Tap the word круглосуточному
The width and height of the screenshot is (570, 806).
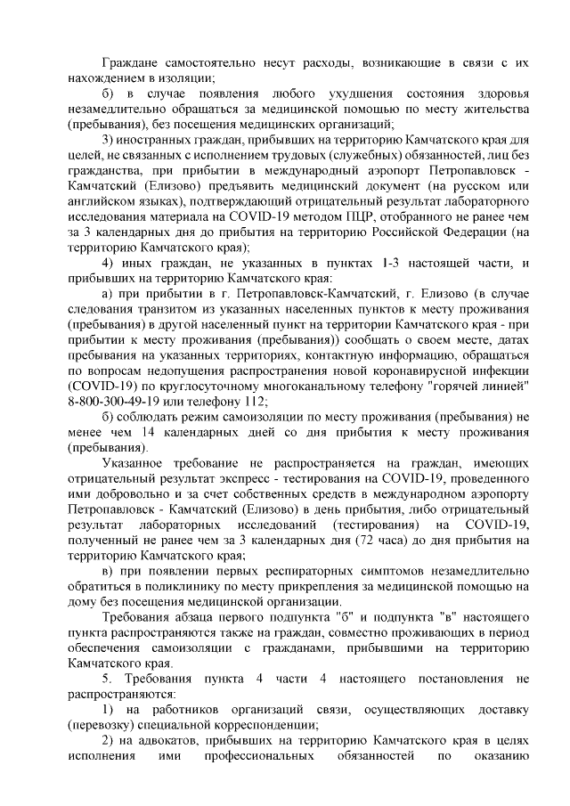[219, 384]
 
